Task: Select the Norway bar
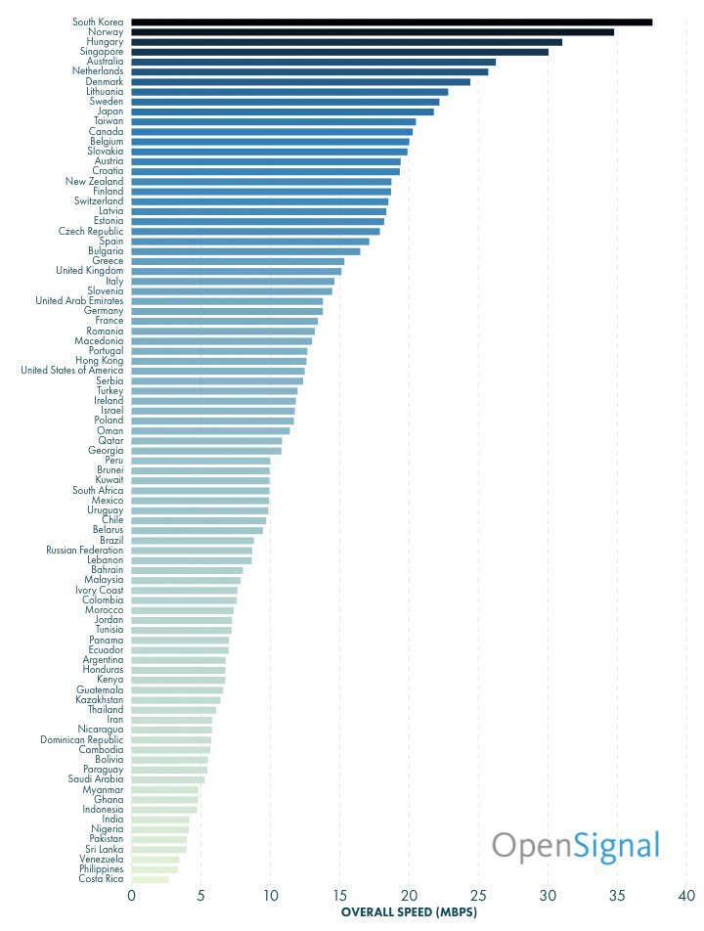point(372,31)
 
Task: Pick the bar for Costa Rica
point(151,879)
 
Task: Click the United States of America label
point(72,371)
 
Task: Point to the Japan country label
point(110,111)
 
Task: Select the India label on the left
point(112,820)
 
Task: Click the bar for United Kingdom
point(236,271)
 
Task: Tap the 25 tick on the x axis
point(478,895)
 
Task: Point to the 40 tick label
point(686,895)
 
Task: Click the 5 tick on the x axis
point(200,895)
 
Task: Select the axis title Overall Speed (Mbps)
point(408,912)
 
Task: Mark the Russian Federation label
point(85,551)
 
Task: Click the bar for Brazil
point(193,541)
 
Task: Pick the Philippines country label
point(102,869)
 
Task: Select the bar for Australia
point(313,62)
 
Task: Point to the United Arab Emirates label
point(79,301)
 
